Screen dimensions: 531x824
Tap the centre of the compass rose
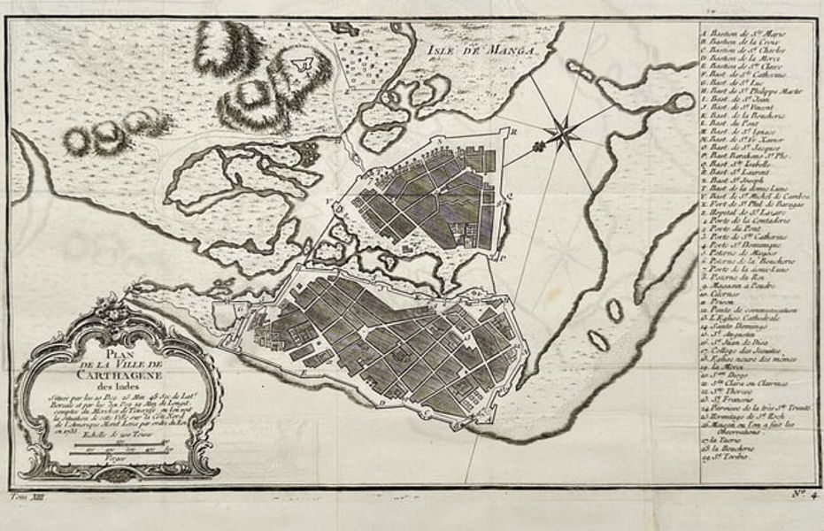click(x=560, y=133)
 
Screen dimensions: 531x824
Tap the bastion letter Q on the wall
click(x=511, y=196)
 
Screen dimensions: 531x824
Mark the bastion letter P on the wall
click(x=501, y=258)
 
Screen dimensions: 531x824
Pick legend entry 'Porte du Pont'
click(x=730, y=237)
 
